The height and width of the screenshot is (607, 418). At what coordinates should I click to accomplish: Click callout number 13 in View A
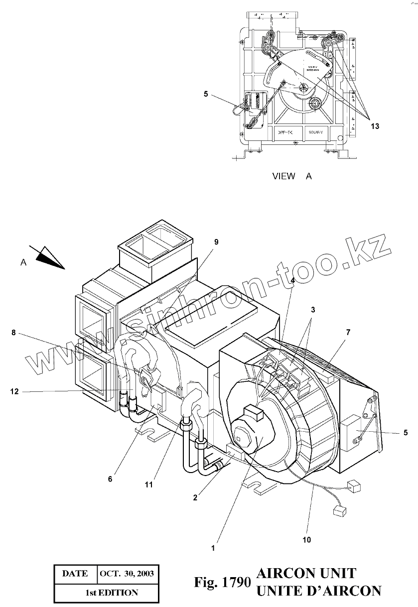375,126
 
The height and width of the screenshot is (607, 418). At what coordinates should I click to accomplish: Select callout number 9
216,242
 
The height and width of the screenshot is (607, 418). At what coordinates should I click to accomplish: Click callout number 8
14,333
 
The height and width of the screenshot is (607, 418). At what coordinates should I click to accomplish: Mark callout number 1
213,548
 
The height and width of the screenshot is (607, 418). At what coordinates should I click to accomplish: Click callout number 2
195,497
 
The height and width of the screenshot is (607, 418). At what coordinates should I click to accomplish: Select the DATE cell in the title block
75,574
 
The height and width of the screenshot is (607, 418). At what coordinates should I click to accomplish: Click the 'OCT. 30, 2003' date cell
127,574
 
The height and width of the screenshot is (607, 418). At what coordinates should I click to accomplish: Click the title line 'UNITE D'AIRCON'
318,591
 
